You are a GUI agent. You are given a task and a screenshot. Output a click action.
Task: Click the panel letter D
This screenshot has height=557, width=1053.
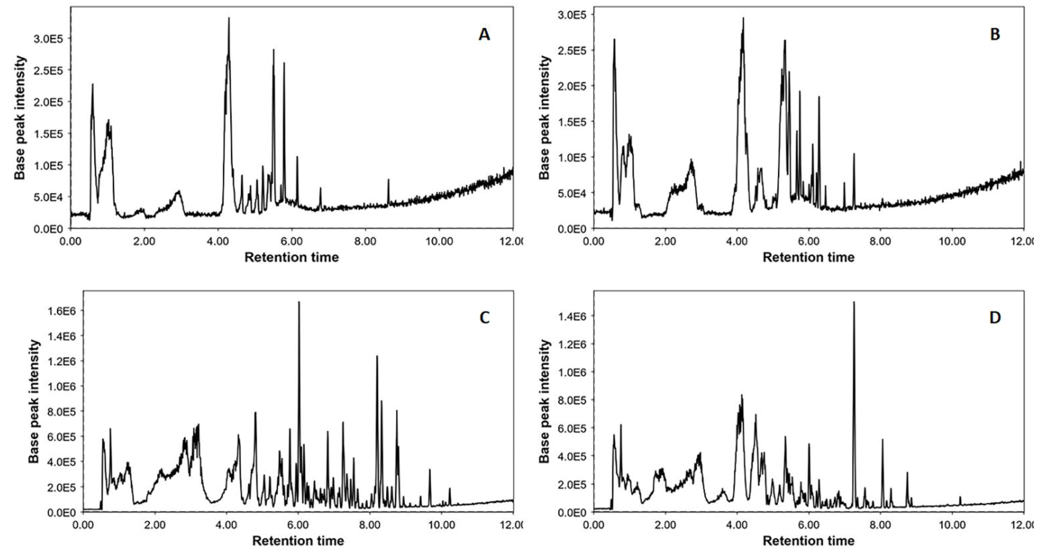click(x=995, y=318)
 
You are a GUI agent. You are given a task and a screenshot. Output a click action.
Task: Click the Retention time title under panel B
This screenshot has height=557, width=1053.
click(x=808, y=257)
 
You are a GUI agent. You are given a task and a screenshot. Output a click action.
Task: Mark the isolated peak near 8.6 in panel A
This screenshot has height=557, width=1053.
click(x=388, y=180)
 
